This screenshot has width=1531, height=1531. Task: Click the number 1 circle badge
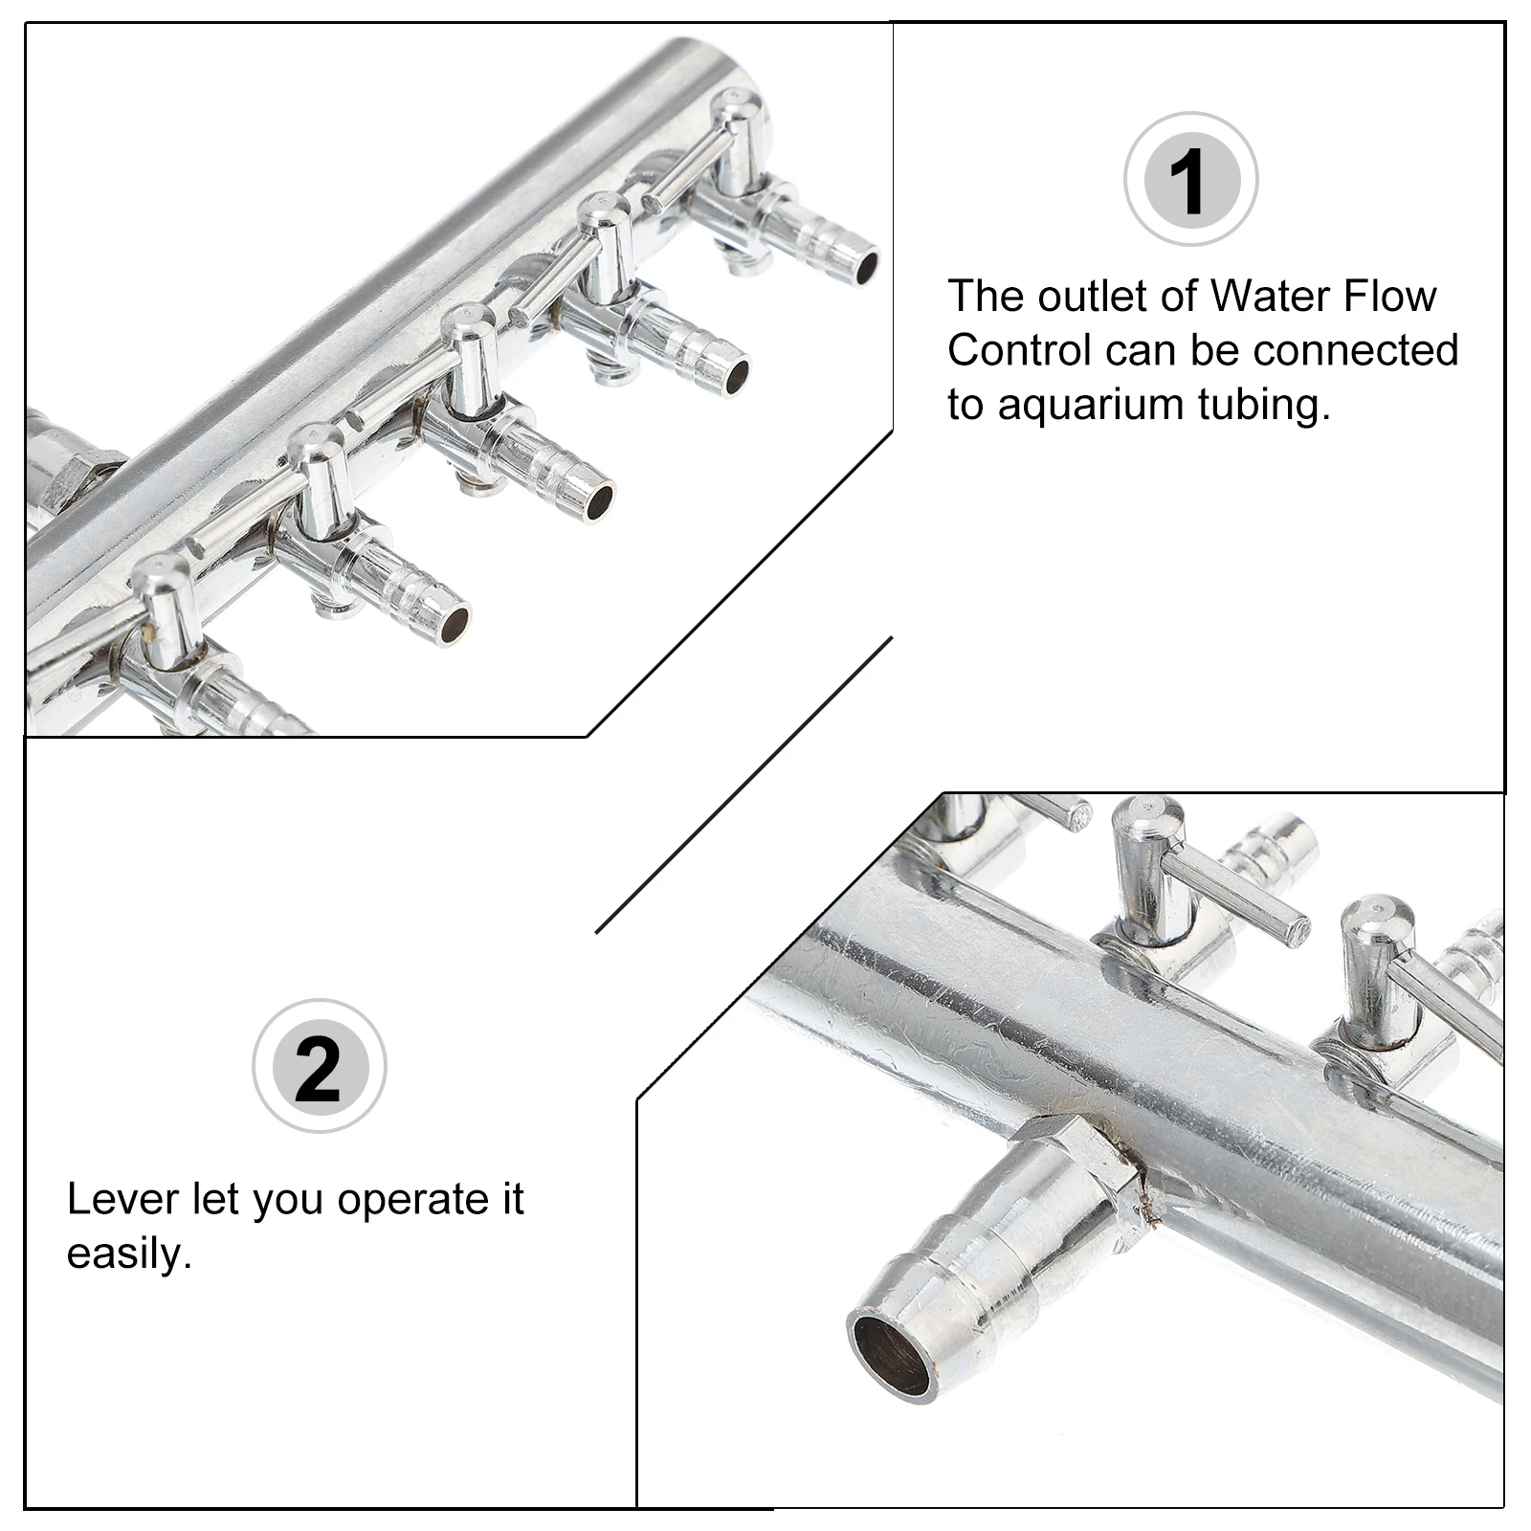[x=1189, y=179]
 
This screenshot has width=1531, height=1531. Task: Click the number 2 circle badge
[x=319, y=1066]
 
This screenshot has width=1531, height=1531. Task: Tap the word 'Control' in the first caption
[x=1019, y=350]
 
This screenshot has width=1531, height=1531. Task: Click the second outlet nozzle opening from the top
[x=737, y=376]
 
